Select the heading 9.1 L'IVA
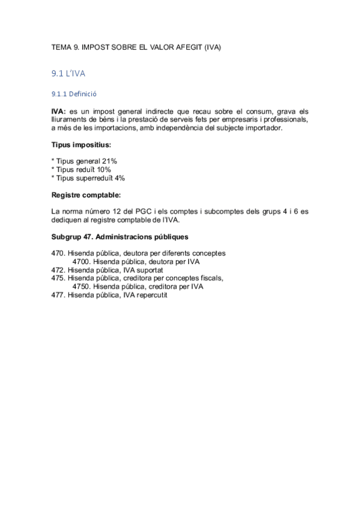point(69,73)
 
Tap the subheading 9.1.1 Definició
point(75,94)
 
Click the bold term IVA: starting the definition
point(59,112)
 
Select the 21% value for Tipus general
point(110,162)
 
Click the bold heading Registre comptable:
point(86,195)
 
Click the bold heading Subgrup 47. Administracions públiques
point(120,236)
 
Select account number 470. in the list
point(58,253)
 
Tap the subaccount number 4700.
point(81,262)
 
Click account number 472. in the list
point(58,270)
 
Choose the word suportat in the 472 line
point(151,270)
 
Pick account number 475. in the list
point(58,278)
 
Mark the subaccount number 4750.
point(81,287)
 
